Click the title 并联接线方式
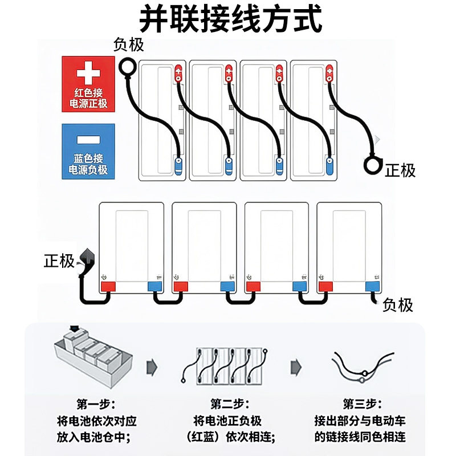(231, 19)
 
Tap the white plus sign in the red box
(88, 72)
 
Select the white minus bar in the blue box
(88, 140)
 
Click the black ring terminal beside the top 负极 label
(128, 67)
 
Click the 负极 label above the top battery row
(129, 45)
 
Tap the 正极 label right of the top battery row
(400, 170)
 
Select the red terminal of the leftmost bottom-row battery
(108, 287)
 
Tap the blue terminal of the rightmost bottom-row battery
(372, 287)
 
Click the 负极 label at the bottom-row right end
(398, 305)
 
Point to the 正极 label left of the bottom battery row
(59, 260)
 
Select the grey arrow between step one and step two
(152, 367)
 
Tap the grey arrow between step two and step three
(296, 367)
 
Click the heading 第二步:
(230, 404)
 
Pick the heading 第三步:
(362, 404)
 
